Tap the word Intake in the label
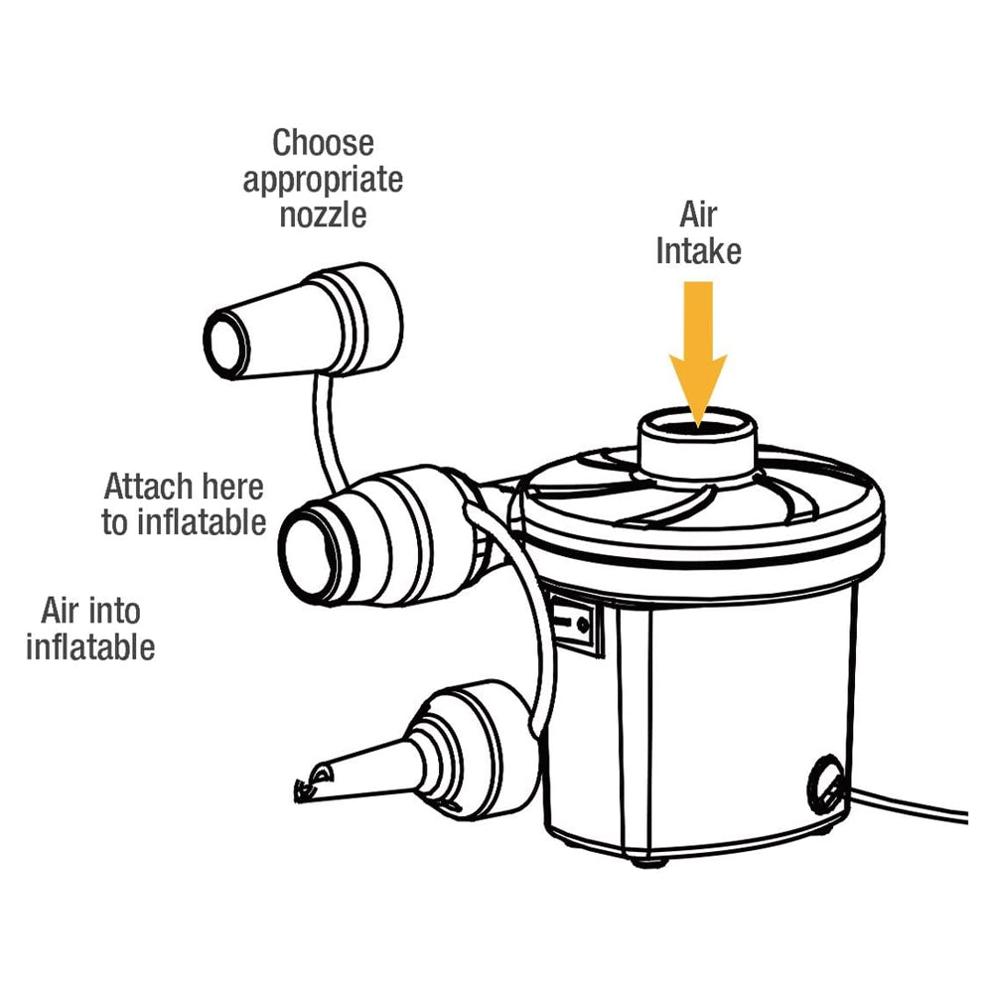coord(697,250)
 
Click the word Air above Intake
coord(698,213)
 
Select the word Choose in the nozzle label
coord(323,143)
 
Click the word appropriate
coord(323,181)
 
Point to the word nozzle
coord(322,214)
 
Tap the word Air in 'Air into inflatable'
coord(64,610)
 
